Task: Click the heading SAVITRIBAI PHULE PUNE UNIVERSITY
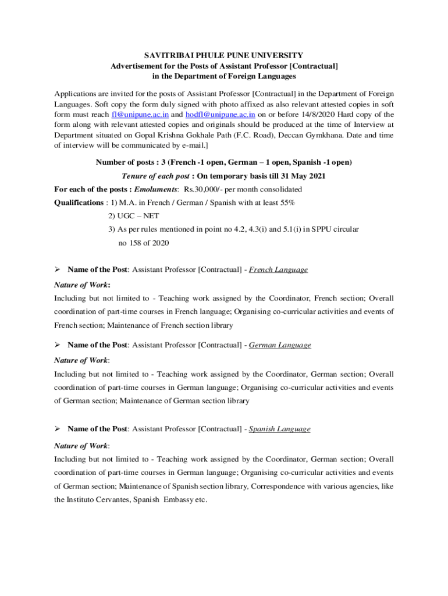point(224,55)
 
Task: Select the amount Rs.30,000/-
point(202,190)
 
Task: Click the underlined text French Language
point(278,269)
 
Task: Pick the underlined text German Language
point(280,345)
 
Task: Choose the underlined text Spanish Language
point(279,429)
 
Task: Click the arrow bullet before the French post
point(57,269)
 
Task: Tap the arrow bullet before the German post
point(57,345)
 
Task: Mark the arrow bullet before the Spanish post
point(57,429)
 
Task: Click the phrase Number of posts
point(123,162)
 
